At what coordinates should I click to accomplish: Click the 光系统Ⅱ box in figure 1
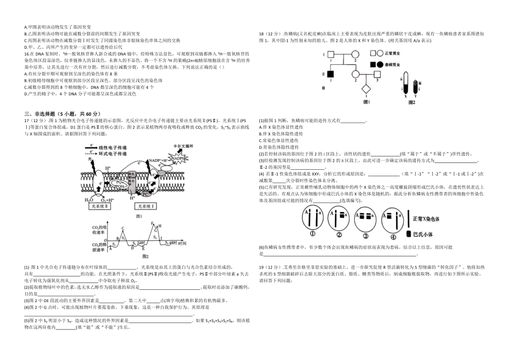(100, 206)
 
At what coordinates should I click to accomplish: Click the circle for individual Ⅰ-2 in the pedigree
(355, 54)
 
